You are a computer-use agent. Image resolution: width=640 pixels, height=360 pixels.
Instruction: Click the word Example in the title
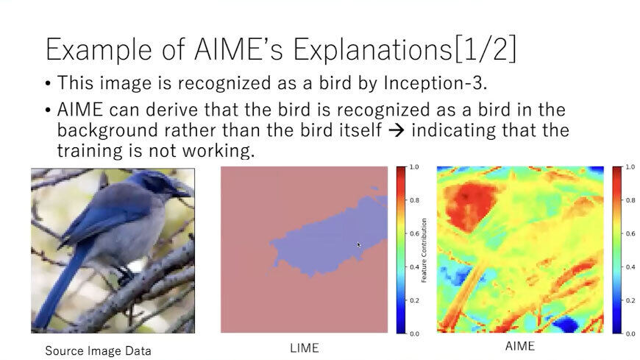coord(99,49)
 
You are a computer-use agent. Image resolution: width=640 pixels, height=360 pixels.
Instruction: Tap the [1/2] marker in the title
coord(485,49)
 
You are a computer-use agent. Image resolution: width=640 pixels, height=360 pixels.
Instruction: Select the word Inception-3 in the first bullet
coord(435,83)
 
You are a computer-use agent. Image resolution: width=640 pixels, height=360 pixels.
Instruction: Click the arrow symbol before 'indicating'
coord(397,131)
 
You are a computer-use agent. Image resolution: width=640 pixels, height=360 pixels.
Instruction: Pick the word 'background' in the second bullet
coord(107,131)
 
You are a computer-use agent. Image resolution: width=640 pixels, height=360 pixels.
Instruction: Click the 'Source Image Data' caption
coord(98,350)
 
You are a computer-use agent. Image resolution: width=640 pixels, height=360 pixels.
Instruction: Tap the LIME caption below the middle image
coord(305,348)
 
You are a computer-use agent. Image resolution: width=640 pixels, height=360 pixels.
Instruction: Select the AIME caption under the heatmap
coord(519,346)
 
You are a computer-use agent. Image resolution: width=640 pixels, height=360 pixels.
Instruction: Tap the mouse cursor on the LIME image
coord(359,244)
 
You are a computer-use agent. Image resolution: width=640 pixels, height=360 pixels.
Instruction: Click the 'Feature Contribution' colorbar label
coord(424,250)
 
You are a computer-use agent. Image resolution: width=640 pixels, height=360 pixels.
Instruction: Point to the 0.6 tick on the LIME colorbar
coord(414,233)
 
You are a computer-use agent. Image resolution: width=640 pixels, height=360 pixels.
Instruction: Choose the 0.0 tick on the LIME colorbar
coord(414,333)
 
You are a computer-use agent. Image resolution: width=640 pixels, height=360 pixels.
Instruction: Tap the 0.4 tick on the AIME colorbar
coord(630,267)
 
